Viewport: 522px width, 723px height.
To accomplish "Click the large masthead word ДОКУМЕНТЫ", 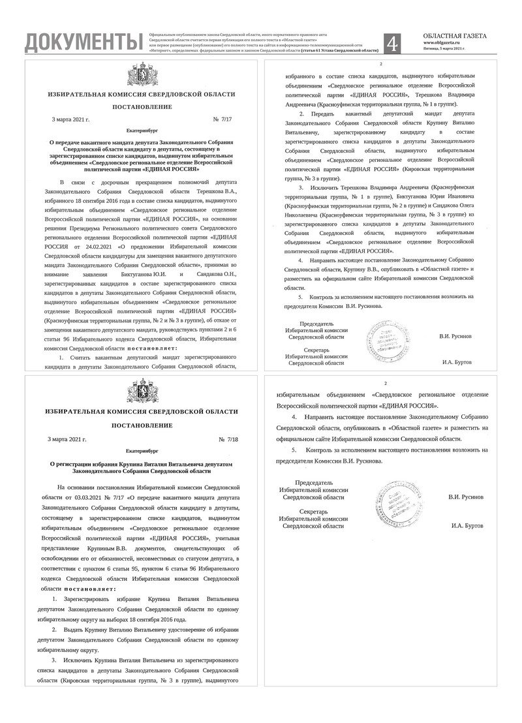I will (83, 42).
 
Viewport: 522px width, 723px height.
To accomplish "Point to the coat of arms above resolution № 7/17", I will (142, 71).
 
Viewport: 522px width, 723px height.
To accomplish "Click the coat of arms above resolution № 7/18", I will (142, 393).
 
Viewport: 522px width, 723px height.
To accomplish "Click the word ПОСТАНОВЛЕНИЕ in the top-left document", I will (142, 106).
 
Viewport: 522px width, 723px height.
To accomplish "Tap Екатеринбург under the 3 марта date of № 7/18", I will (142, 451).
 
